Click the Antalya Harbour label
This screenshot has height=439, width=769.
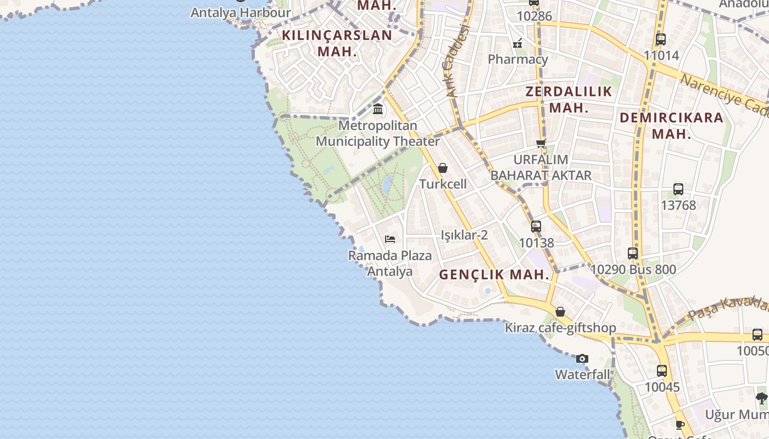coord(241,12)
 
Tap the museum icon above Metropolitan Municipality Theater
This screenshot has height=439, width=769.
coord(378,109)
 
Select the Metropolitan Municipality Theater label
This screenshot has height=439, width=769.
coord(378,133)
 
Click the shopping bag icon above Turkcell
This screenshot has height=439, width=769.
coord(443,168)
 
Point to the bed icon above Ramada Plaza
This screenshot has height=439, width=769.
coord(390,239)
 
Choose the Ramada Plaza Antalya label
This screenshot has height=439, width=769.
coord(390,263)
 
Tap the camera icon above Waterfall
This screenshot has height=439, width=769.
coord(582,359)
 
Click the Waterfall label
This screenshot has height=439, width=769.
coord(582,375)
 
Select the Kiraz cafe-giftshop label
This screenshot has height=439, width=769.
coord(560,328)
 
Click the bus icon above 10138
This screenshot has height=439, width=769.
coord(536,226)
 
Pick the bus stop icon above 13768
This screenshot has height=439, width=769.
coord(678,189)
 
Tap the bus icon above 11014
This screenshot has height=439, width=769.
coord(661,40)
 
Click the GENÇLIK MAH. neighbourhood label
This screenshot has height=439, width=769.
coord(494,275)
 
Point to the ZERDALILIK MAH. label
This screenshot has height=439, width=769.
coord(569,99)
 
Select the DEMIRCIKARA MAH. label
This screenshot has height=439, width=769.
coord(672,125)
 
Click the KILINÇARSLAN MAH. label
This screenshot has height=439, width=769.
coord(337,43)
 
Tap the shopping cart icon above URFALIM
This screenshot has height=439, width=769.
coord(541,143)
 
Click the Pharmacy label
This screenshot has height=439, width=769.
coord(518,59)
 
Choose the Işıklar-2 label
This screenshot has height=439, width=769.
coord(464,235)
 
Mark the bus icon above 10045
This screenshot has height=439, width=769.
coord(662,371)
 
